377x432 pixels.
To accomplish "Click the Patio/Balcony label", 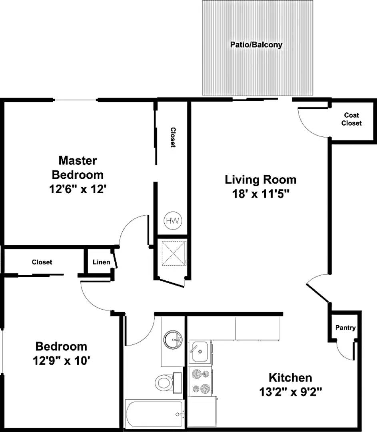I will [x=256, y=44].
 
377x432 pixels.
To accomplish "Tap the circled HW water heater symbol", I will [x=173, y=220].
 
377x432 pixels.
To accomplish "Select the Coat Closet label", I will [x=351, y=119].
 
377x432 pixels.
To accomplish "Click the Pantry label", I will [x=345, y=328].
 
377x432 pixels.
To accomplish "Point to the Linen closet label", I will [x=101, y=262].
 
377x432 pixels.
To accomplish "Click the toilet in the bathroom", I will [x=166, y=382].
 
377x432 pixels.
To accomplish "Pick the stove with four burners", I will [x=200, y=381].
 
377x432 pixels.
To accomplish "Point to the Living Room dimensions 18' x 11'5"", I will [x=261, y=194].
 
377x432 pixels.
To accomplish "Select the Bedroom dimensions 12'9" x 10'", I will [x=61, y=361].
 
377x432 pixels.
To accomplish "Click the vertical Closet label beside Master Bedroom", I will [x=173, y=137].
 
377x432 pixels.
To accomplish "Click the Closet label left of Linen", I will [x=42, y=262].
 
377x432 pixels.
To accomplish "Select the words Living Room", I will [x=261, y=179].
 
